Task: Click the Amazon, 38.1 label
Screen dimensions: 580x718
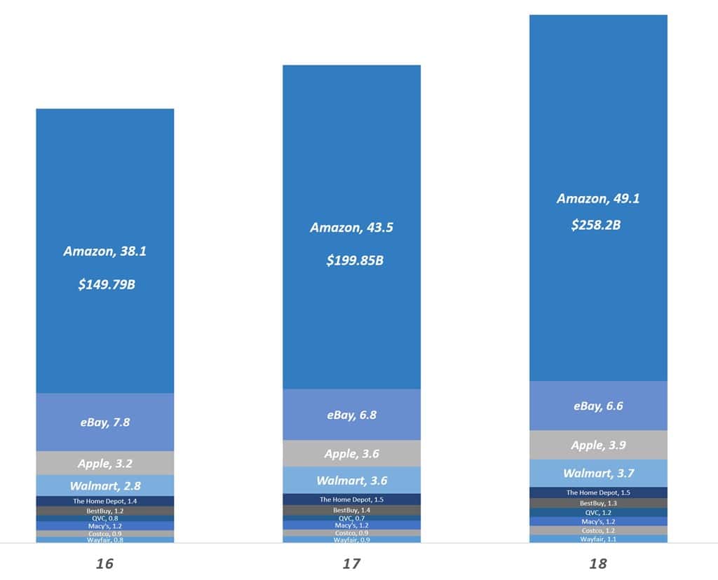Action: [x=105, y=251]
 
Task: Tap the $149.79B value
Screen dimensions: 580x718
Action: [x=105, y=284]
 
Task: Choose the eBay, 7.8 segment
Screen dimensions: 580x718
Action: [x=105, y=422]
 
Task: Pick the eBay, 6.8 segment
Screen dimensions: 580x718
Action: [x=352, y=415]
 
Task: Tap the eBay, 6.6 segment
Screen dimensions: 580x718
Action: [x=598, y=406]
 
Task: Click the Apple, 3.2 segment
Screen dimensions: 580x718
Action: [x=105, y=463]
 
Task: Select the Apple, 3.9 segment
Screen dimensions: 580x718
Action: [x=598, y=446]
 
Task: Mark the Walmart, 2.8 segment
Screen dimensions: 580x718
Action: [x=105, y=485]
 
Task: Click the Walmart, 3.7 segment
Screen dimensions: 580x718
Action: [x=598, y=474]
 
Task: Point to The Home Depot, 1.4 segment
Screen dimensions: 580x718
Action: [x=105, y=501]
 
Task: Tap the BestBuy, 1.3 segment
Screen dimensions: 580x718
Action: [x=598, y=503]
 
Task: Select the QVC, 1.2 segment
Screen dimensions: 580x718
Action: [x=598, y=513]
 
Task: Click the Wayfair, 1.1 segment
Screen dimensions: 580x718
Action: [x=598, y=539]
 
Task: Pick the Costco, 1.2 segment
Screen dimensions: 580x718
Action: [x=598, y=530]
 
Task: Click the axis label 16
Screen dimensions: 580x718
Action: [x=105, y=563]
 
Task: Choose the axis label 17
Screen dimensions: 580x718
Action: [x=352, y=563]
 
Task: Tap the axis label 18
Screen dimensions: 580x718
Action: [x=598, y=563]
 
